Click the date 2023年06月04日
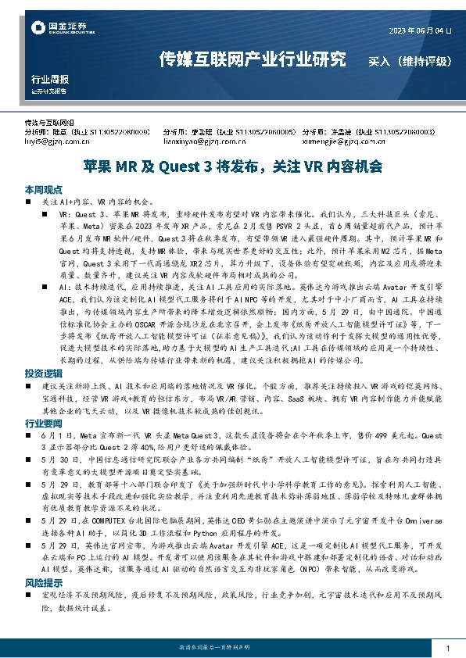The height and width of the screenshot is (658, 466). (x=420, y=30)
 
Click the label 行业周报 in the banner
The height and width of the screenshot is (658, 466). (x=49, y=79)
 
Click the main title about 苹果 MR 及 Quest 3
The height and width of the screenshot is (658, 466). (x=233, y=166)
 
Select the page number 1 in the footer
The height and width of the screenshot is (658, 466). (x=446, y=648)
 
